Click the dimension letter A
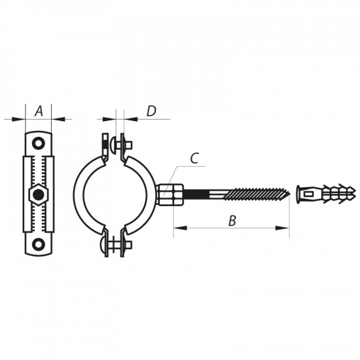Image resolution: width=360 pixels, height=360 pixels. point(39,111)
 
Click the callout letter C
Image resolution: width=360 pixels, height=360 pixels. point(194,158)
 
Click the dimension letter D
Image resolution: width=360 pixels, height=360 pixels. point(151,111)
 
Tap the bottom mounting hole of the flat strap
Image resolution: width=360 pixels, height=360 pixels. point(39,244)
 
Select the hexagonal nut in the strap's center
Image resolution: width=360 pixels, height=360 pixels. point(39,194)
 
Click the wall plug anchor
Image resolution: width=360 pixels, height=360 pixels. point(325,194)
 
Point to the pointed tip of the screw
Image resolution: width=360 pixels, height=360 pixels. point(288,194)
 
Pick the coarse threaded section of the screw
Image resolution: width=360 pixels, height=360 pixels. point(255,194)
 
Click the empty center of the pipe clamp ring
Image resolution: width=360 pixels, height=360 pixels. point(114,194)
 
